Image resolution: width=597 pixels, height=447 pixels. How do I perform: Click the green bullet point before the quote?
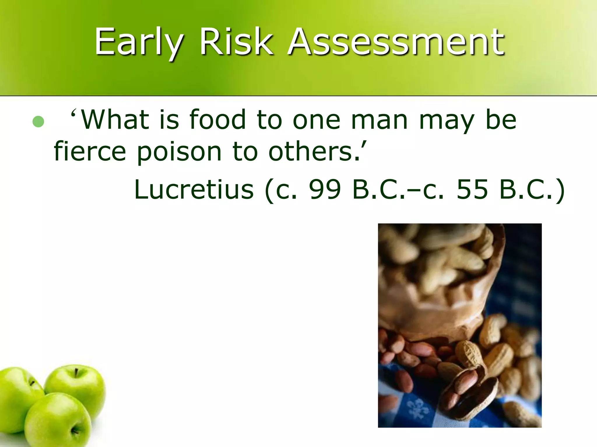pyautogui.click(x=38, y=122)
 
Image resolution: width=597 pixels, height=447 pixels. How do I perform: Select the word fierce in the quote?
pyautogui.click(x=90, y=151)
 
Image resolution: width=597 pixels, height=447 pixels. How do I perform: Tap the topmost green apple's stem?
pyautogui.click(x=76, y=372)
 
